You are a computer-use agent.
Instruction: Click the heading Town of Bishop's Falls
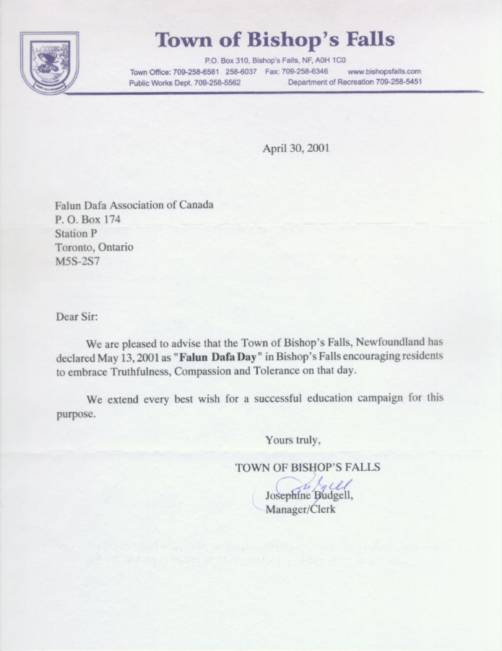click(x=275, y=39)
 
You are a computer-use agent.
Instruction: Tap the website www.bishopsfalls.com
click(x=384, y=72)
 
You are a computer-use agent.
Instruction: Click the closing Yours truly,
click(x=293, y=439)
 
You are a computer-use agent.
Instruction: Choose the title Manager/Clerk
click(x=300, y=509)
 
